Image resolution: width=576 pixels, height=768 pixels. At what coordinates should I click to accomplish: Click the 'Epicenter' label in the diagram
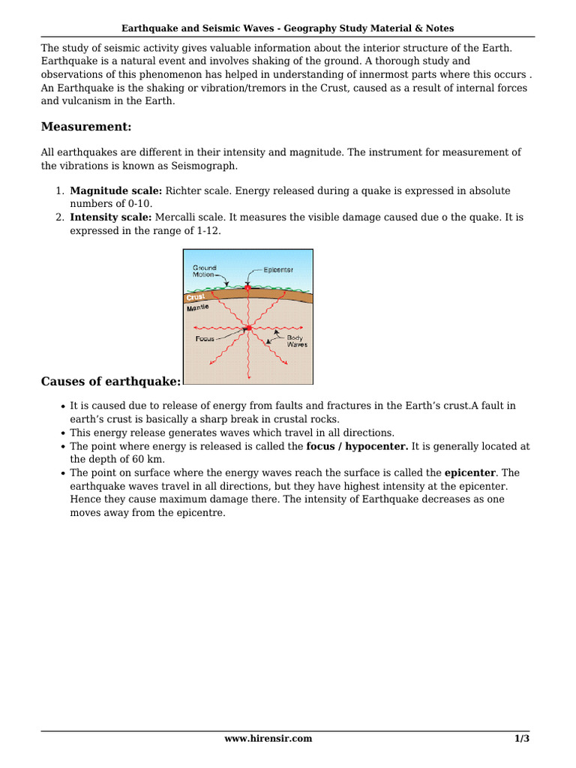pos(278,269)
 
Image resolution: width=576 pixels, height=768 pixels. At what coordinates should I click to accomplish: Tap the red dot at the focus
pos(248,328)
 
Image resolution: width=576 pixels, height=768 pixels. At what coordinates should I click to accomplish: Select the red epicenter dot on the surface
pos(247,287)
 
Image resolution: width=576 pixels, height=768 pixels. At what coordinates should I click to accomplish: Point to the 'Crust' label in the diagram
pos(196,298)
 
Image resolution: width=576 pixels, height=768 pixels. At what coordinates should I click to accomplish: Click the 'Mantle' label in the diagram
pos(198,308)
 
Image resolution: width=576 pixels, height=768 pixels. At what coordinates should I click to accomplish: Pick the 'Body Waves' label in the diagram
pos(297,341)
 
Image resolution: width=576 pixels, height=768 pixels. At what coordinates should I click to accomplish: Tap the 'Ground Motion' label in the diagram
pos(204,271)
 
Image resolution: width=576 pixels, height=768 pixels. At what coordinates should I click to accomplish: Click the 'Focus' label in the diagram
pos(205,339)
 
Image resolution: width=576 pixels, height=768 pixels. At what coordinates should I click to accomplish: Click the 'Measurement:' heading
pos(86,126)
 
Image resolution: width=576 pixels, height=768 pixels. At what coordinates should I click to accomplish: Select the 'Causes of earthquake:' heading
pos(111,382)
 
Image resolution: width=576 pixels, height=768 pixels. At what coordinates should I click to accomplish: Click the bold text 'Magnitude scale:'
pos(116,190)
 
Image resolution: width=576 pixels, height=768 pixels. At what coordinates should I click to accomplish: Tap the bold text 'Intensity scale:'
pos(111,217)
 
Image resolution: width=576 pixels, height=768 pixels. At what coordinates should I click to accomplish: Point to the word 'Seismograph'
pos(203,165)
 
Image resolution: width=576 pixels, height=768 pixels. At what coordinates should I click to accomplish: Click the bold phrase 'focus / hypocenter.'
pos(357,445)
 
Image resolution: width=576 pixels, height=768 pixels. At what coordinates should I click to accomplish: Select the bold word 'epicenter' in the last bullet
pos(470,472)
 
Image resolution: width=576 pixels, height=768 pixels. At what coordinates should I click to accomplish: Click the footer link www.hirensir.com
pos(268,738)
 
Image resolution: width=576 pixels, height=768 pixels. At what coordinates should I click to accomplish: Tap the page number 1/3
pos(522,738)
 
